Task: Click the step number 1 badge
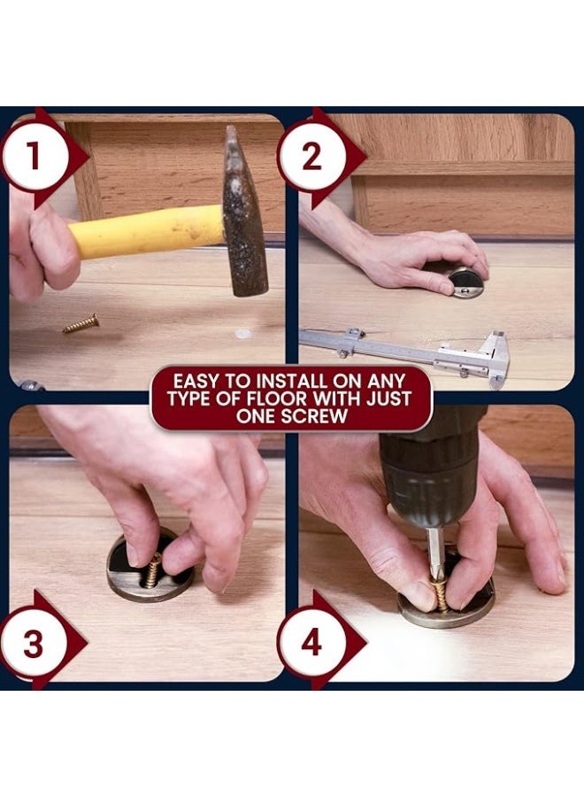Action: pyautogui.click(x=34, y=156)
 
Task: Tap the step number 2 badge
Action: pyautogui.click(x=311, y=157)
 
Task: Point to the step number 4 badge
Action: pyautogui.click(x=311, y=643)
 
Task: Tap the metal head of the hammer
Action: pyautogui.click(x=245, y=213)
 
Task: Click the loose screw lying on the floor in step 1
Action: pyautogui.click(x=81, y=324)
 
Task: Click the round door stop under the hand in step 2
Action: pyautogui.click(x=465, y=282)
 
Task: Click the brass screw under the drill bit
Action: pyautogui.click(x=439, y=593)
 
